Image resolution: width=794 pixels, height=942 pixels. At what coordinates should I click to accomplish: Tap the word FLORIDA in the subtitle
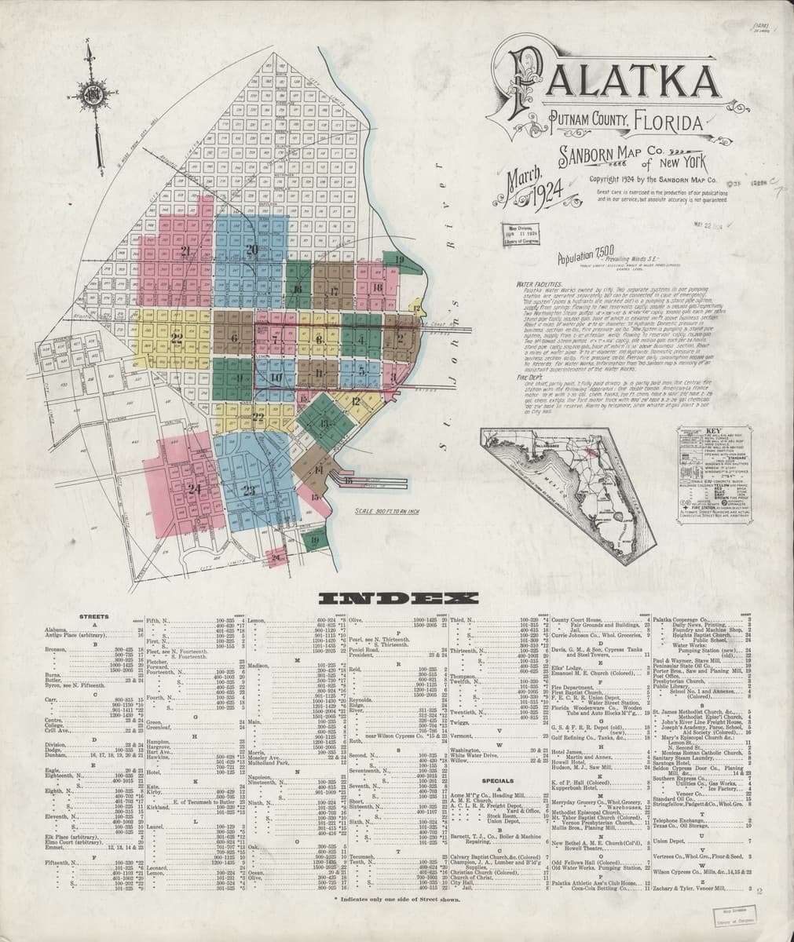pos(669,123)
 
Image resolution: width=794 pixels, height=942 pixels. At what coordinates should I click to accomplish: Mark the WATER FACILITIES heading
pos(541,282)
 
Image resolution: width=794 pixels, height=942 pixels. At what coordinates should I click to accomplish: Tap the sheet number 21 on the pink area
pos(186,251)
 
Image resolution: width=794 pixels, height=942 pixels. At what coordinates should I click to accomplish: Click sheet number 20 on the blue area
pos(251,250)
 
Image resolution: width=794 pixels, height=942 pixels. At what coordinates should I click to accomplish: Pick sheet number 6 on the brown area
pos(235,338)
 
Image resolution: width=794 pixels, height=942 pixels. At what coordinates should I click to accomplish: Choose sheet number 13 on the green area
pos(324,423)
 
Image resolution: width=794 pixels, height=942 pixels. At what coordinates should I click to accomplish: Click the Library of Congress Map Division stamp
pos(525,235)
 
